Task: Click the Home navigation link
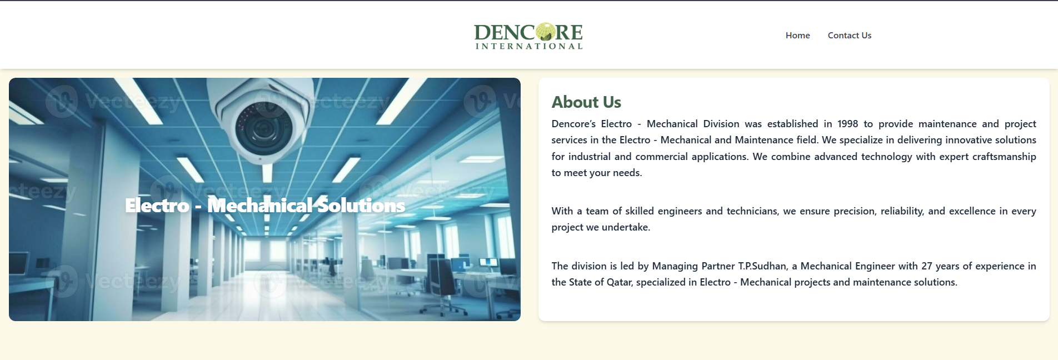pos(797,36)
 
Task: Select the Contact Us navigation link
pos(849,36)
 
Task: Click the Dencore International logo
pos(528,36)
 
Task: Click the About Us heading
pos(586,102)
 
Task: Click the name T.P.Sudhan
pos(762,266)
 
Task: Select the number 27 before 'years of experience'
pos(927,266)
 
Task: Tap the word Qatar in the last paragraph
pos(619,282)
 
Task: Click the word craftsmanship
pos(1004,157)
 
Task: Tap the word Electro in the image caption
pos(157,206)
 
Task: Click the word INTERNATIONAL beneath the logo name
pos(528,46)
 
